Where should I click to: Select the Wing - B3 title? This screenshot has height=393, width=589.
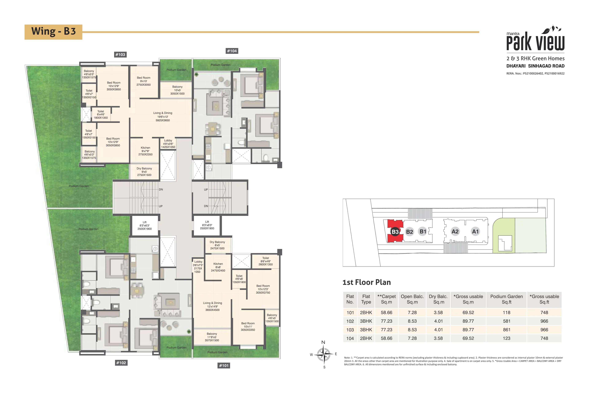tap(53, 32)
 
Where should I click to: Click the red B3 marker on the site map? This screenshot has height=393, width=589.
tap(395, 232)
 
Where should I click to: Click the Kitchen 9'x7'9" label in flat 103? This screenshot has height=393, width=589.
tap(145, 151)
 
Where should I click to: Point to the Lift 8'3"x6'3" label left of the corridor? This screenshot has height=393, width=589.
tap(144, 225)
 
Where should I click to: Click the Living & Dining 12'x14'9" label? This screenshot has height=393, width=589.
tap(212, 306)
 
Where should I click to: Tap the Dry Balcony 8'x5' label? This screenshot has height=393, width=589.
tap(217, 245)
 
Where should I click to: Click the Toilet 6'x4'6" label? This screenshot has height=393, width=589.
tap(101, 115)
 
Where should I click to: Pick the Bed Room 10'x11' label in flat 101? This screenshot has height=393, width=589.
tap(248, 327)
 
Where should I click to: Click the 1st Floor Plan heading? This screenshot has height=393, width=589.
tap(366, 282)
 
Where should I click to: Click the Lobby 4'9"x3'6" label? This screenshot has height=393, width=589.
tap(168, 144)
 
